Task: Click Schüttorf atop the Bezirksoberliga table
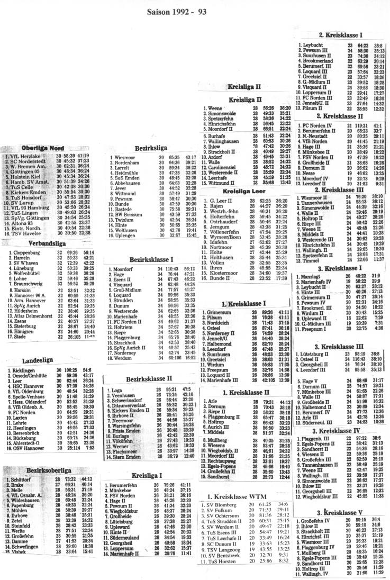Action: pyautogui.click(x=24, y=478)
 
